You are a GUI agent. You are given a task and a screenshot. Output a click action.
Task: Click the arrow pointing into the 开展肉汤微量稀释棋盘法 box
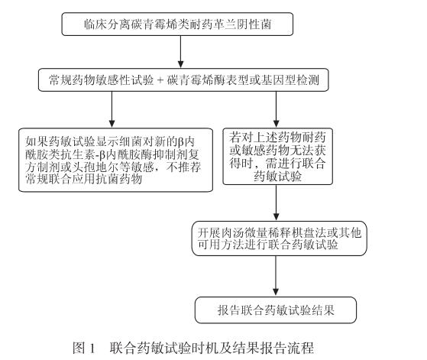(x=275, y=206)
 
